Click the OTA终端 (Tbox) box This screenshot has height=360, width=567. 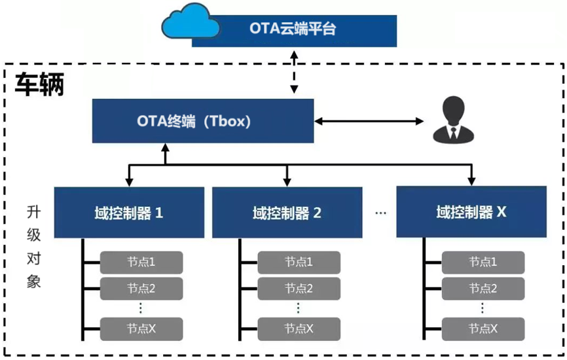pos(203,121)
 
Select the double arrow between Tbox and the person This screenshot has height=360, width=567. pos(369,121)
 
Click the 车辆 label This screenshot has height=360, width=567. pos(39,84)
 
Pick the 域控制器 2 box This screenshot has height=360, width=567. pos(287,212)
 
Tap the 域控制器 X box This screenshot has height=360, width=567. pos(471,211)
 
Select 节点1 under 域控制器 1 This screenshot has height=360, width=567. pos(141,262)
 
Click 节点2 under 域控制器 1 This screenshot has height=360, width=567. pos(141,287)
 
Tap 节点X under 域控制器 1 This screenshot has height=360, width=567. pos(141,327)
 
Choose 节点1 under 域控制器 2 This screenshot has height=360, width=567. pos(299,262)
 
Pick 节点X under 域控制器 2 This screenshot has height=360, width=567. pos(299,327)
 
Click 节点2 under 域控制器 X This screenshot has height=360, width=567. pos(483,287)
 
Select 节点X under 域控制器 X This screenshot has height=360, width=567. pos(483,327)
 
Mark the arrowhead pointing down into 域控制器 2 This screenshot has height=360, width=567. pos(287,181)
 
